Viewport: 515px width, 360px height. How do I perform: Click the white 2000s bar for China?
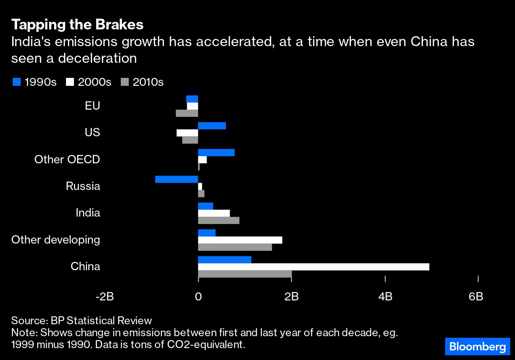point(314,267)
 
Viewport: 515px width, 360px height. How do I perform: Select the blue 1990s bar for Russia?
point(176,179)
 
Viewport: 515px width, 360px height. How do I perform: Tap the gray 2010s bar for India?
point(219,221)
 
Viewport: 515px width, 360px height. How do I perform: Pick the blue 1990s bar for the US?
point(212,126)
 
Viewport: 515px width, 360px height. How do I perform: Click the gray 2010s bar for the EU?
point(187,113)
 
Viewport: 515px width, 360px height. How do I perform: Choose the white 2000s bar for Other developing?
point(240,240)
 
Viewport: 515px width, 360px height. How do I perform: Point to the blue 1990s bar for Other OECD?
point(216,153)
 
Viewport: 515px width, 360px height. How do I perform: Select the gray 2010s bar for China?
point(245,274)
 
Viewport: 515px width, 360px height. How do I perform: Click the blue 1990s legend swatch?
point(16,82)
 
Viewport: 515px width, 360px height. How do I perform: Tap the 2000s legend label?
point(95,82)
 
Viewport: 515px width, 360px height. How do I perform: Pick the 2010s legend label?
point(148,82)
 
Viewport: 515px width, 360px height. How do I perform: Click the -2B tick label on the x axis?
point(105,296)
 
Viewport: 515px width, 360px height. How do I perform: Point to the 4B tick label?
point(385,296)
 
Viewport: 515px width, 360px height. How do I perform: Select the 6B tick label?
point(476,296)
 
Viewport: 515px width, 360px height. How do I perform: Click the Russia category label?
point(83,186)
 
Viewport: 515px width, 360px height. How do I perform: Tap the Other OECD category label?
point(67,159)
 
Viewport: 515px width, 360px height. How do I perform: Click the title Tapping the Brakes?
point(77,25)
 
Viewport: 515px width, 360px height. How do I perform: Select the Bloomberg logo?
point(477,346)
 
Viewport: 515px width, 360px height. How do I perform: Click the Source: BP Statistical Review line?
point(81,321)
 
